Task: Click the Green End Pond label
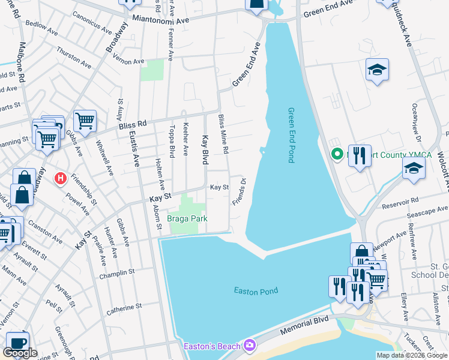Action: pyautogui.click(x=291, y=134)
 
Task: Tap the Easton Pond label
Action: pyautogui.click(x=256, y=291)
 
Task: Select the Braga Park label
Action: pyautogui.click(x=187, y=219)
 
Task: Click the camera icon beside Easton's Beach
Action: pyautogui.click(x=250, y=345)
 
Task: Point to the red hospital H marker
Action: pyautogui.click(x=60, y=178)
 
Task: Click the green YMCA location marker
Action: pyautogui.click(x=337, y=154)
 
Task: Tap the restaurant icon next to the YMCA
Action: pyautogui.click(x=360, y=157)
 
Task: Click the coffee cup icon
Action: pyautogui.click(x=17, y=341)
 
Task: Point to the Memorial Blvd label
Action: pyautogui.click(x=306, y=326)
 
